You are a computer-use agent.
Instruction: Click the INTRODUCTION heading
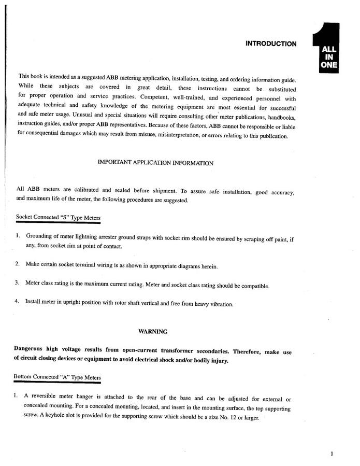click(x=271, y=44)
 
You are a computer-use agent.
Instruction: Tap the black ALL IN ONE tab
click(x=328, y=57)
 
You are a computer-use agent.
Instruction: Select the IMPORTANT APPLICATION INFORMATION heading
click(x=155, y=163)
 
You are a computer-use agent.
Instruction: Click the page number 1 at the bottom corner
click(x=331, y=454)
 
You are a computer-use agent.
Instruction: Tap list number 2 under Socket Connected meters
click(x=17, y=264)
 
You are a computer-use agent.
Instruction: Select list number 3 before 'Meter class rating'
click(x=17, y=283)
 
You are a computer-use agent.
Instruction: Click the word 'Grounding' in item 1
click(x=41, y=236)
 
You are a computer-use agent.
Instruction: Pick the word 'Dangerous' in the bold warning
click(x=31, y=349)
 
